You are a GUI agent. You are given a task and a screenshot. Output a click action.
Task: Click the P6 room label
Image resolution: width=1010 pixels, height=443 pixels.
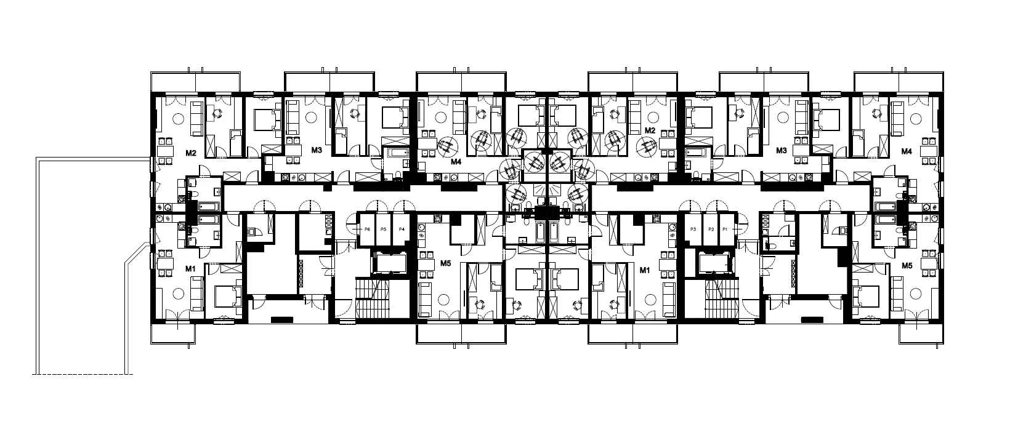[367, 229]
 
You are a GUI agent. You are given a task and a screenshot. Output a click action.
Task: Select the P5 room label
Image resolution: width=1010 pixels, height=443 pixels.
[383, 229]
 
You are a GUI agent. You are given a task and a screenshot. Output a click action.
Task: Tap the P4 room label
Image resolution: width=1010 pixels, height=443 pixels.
[402, 229]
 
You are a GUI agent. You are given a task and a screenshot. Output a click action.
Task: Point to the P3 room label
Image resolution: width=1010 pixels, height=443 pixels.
[693, 229]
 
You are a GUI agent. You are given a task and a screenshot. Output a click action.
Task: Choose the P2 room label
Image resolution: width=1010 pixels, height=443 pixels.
[711, 229]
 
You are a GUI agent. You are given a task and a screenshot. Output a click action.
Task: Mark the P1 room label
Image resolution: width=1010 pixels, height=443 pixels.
[725, 229]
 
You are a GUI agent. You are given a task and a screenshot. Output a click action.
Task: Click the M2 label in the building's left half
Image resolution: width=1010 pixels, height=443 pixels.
[191, 153]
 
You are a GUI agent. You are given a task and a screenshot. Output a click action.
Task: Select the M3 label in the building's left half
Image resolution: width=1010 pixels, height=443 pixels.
[317, 150]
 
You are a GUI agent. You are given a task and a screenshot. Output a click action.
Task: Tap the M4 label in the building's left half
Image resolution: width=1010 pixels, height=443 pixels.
[456, 162]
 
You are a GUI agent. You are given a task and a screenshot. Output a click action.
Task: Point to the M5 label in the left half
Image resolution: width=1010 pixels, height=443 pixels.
[445, 263]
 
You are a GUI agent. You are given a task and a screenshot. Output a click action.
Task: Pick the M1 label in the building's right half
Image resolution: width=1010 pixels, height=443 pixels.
[645, 270]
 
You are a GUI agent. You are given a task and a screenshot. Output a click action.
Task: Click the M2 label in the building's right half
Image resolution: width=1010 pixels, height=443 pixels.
[650, 130]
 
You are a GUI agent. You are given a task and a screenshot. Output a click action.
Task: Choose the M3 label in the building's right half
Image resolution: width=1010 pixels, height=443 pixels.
[782, 150]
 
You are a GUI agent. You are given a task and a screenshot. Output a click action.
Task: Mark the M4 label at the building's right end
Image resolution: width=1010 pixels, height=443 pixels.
[907, 151]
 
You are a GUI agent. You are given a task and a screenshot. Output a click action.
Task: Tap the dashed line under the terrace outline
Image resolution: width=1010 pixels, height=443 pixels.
[83, 374]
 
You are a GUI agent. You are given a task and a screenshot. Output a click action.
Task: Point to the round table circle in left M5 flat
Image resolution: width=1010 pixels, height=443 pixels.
[444, 299]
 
